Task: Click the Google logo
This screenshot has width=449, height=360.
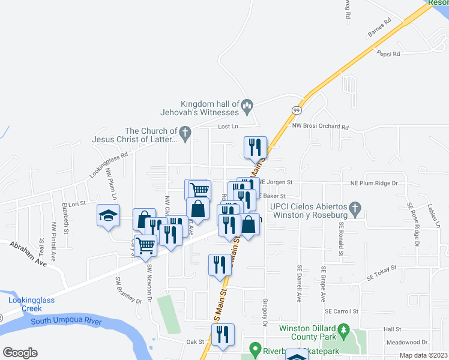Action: click(x=20, y=353)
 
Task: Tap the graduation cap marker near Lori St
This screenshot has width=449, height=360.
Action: click(x=108, y=216)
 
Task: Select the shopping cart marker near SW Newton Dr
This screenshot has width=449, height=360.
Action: click(x=146, y=245)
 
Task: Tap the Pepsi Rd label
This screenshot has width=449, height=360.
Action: click(x=388, y=54)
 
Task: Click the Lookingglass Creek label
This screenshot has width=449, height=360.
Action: click(x=25, y=304)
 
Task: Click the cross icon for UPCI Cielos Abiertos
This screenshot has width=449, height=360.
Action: click(x=355, y=209)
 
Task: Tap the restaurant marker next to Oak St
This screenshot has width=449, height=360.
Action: click(x=223, y=334)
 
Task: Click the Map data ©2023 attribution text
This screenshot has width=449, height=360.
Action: click(x=423, y=355)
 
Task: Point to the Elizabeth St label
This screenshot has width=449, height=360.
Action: click(x=64, y=214)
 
